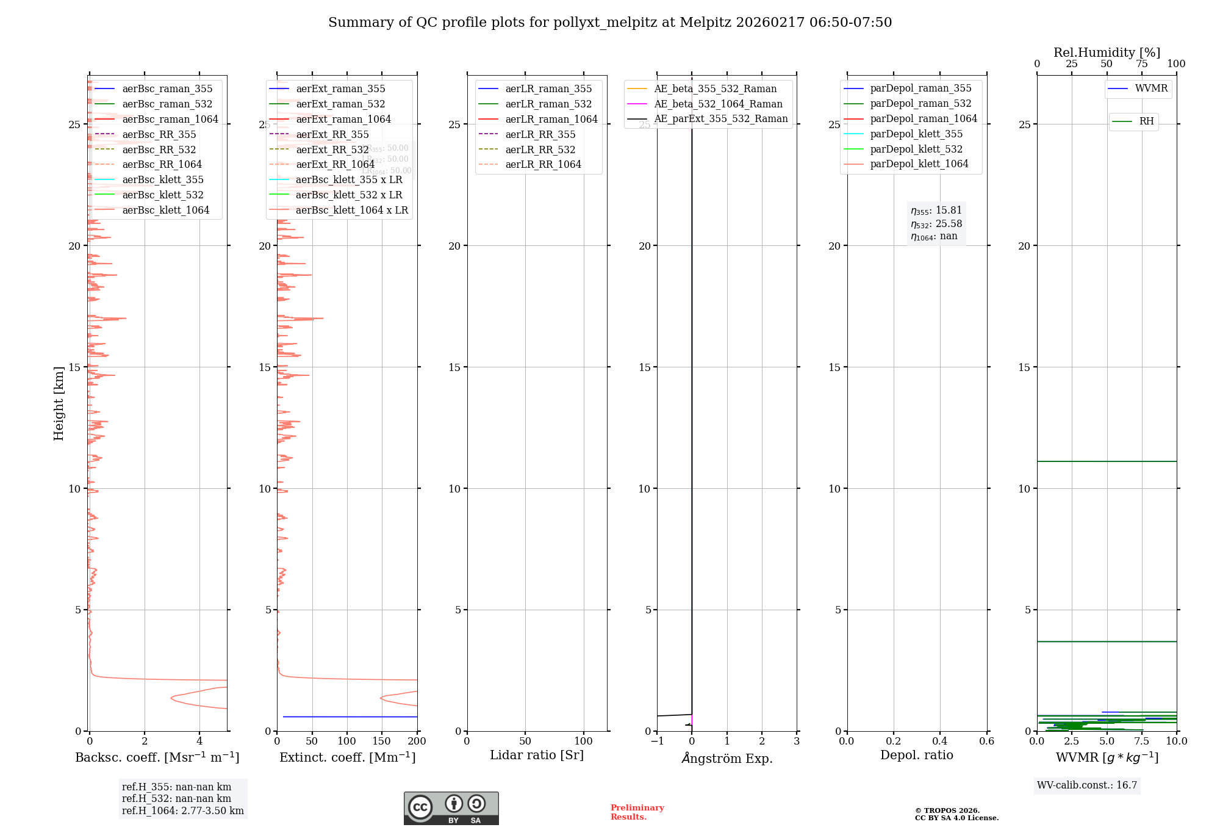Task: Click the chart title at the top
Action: tap(610, 23)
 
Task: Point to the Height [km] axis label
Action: tap(59, 403)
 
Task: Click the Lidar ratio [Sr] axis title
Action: tap(537, 756)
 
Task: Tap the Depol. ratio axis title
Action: tap(916, 756)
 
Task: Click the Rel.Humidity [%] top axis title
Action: tap(1107, 52)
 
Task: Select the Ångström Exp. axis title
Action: tap(727, 759)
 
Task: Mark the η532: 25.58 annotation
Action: tap(936, 224)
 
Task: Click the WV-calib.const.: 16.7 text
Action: tap(1087, 785)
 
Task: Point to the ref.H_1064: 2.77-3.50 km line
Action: tap(182, 811)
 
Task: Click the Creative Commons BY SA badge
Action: tap(451, 808)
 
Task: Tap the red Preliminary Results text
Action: tap(637, 812)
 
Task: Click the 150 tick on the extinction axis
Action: tap(381, 742)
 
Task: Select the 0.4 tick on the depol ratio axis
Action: tap(940, 742)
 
